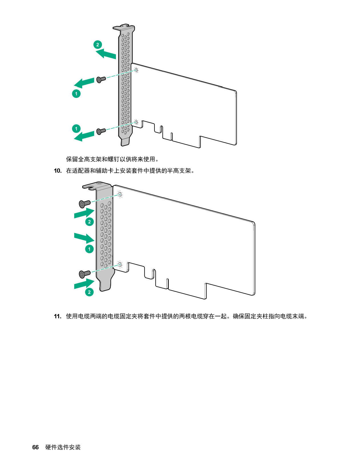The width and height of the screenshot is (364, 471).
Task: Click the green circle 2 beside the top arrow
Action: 98,45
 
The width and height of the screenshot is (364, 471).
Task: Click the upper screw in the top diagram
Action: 101,80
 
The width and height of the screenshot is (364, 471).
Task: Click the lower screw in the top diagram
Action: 101,131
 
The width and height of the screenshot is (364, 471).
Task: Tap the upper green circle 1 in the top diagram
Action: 76,94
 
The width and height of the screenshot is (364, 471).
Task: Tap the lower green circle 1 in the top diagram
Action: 76,129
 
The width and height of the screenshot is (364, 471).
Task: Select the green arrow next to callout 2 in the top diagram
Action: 106,54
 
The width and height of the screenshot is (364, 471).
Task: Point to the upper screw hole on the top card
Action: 136,70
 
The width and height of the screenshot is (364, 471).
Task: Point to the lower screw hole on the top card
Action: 136,122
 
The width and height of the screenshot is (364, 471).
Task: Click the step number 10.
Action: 58,171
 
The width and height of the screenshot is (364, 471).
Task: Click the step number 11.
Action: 58,316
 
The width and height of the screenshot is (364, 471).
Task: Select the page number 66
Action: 36,447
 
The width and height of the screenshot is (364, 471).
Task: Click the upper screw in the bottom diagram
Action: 85,204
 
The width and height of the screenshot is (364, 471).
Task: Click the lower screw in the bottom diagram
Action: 85,274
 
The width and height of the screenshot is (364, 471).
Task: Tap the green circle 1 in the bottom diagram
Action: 89,249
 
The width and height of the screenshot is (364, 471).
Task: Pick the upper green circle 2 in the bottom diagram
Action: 89,222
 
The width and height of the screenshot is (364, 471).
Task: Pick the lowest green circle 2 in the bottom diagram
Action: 89,292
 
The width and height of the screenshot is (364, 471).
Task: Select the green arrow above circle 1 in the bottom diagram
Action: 84,238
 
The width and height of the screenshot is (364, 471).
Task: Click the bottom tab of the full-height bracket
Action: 125,142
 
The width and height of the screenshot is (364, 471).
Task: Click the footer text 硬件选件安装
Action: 63,447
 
